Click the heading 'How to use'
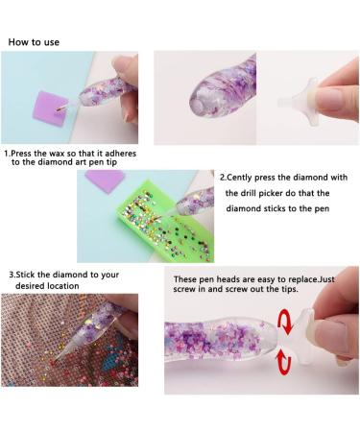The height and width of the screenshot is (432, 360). tap(34, 42)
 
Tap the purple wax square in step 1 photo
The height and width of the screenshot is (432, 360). tap(49, 109)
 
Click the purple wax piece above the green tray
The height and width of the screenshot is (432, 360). tap(105, 180)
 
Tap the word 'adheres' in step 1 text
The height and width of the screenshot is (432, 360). tap(121, 154)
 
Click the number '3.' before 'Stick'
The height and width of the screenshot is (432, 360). tap(12, 275)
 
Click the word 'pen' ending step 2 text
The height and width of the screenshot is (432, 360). tap(322, 209)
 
